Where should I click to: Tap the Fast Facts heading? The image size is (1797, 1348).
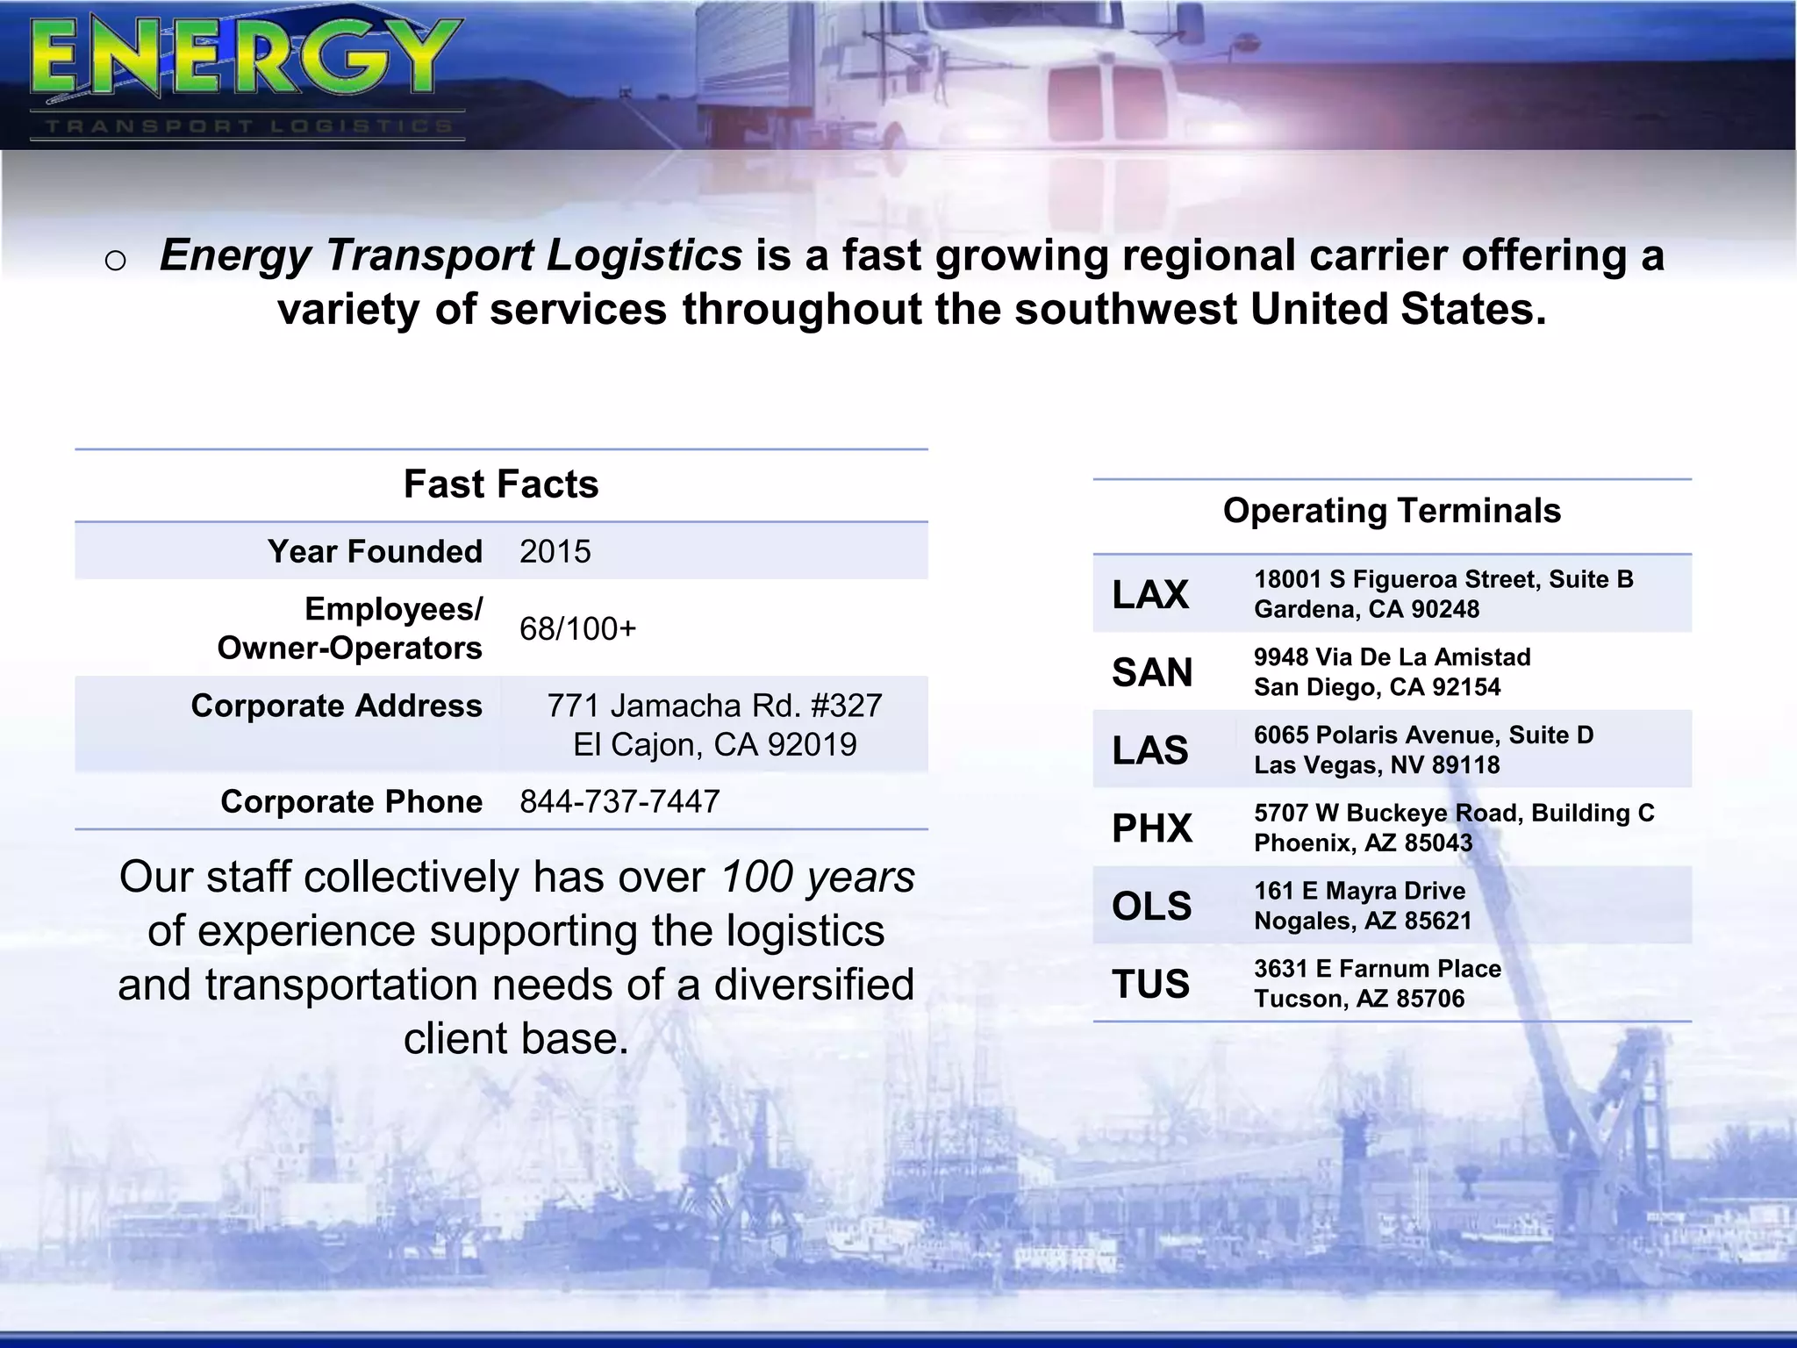(501, 484)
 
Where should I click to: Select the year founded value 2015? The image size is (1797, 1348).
(555, 552)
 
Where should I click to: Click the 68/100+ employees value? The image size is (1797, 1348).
(577, 629)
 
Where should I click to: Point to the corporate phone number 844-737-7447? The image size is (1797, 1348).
(619, 801)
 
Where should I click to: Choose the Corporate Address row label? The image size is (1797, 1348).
(336, 706)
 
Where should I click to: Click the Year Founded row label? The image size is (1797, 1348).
(375, 552)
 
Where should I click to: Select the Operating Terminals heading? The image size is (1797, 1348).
(1392, 511)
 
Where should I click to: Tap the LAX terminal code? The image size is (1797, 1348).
(1150, 595)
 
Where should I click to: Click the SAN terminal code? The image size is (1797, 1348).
(1152, 673)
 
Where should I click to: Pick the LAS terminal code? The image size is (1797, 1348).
(1150, 751)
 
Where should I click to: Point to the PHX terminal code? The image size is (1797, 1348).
(1152, 828)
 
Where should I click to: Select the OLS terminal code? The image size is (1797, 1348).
(1152, 907)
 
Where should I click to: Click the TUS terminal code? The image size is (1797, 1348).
(1151, 985)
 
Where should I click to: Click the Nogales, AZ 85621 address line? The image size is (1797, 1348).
(1363, 921)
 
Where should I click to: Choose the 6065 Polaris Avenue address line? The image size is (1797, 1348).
(1423, 735)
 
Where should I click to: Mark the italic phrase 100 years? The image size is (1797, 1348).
(818, 877)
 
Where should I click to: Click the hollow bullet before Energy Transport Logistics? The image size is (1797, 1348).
(115, 261)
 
